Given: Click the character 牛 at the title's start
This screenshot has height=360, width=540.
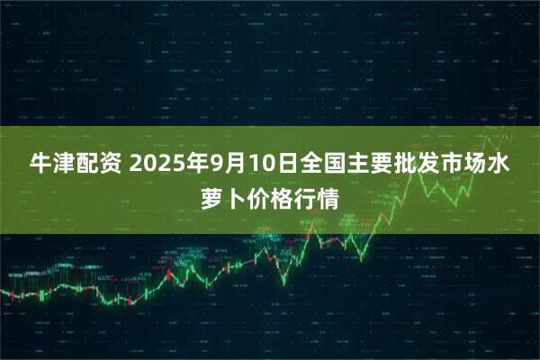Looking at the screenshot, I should (40, 165).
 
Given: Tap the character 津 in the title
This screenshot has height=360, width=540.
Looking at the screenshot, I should (64, 165).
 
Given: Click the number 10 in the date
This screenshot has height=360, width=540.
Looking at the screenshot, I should (257, 165).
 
